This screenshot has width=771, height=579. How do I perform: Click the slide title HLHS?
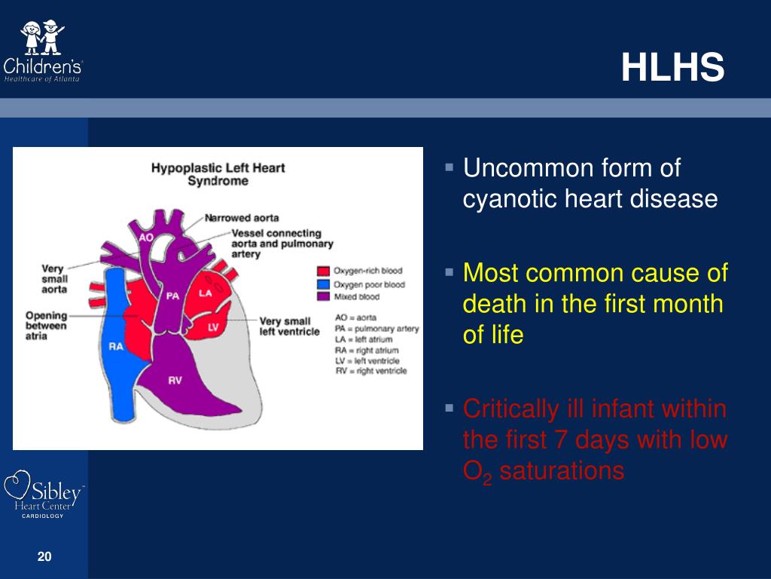pyautogui.click(x=672, y=69)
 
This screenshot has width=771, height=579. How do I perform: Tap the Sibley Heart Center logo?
pyautogui.click(x=45, y=494)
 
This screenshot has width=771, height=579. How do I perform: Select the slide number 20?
pyautogui.click(x=44, y=557)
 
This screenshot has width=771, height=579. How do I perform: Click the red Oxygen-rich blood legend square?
pyautogui.click(x=323, y=271)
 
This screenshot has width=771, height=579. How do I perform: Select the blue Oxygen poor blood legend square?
pyautogui.click(x=323, y=285)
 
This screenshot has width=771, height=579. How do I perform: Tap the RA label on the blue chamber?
pyautogui.click(x=116, y=347)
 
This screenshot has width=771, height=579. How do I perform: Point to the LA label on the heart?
pyautogui.click(x=206, y=293)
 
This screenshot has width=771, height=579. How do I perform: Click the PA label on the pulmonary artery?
pyautogui.click(x=173, y=296)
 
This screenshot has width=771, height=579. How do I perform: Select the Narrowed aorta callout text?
pyautogui.click(x=242, y=218)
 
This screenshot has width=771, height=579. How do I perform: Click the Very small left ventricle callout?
pyautogui.click(x=290, y=327)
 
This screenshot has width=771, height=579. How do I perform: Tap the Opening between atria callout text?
pyautogui.click(x=47, y=326)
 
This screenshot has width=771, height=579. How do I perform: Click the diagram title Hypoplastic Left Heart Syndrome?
pyautogui.click(x=218, y=174)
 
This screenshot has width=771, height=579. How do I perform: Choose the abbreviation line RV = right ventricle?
pyautogui.click(x=371, y=370)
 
